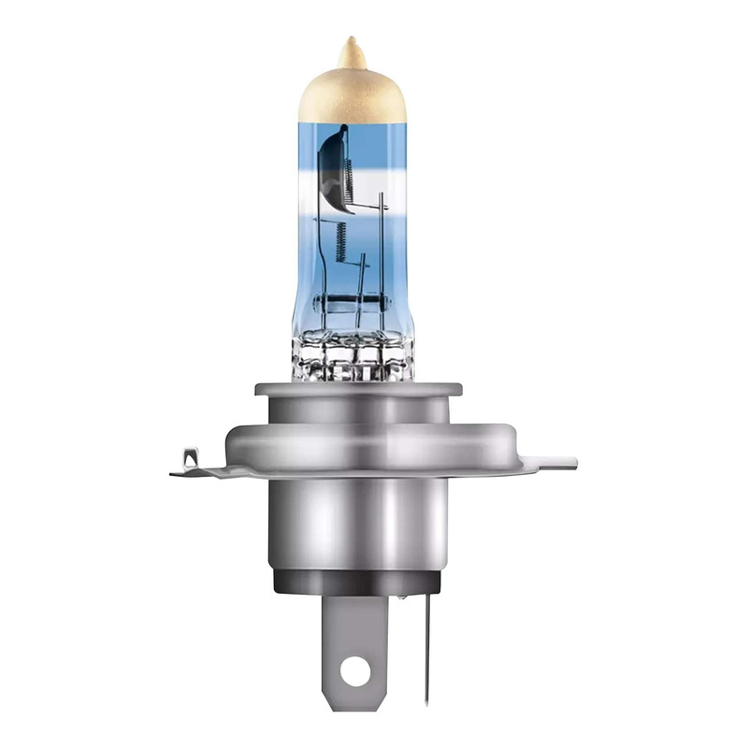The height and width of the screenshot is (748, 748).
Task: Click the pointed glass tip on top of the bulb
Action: point(352,50)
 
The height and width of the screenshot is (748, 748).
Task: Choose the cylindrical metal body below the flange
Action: point(361,524)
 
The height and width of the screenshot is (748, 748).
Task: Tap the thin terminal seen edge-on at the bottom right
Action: point(427,645)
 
